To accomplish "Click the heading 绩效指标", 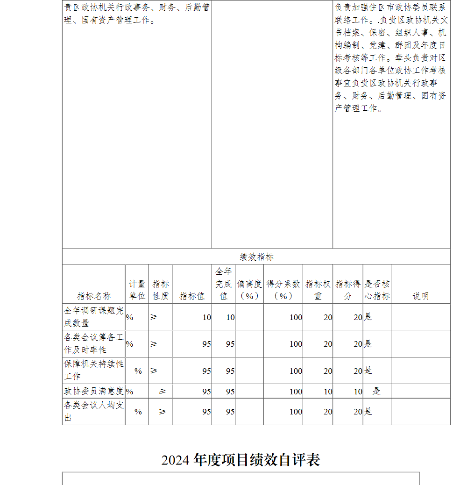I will click(x=256, y=257).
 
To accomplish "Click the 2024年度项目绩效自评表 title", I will click(x=241, y=460).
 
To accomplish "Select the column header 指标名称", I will click(x=94, y=296).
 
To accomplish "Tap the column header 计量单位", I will click(x=137, y=290).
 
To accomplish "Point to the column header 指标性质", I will click(x=160, y=290).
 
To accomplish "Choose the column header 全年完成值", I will click(x=223, y=284).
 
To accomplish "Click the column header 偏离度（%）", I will click(x=249, y=290).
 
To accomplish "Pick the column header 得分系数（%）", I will click(x=283, y=290).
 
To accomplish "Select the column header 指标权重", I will click(x=318, y=290).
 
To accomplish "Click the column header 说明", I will click(x=420, y=296).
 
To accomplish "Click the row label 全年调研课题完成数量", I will click(x=93, y=317).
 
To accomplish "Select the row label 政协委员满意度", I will click(x=93, y=391).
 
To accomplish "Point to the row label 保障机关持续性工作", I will click(x=93, y=370).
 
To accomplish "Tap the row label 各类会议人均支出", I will click(x=93, y=411).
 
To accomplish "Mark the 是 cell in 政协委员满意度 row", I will click(x=376, y=391).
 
